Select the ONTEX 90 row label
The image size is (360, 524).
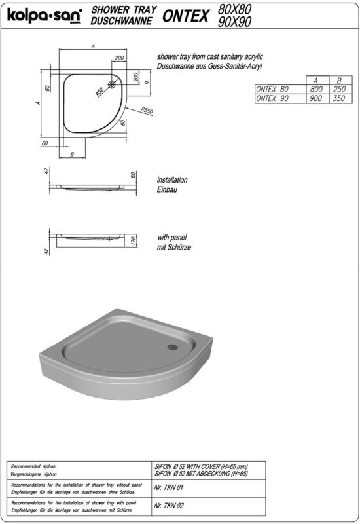272,98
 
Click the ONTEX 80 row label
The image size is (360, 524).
272,89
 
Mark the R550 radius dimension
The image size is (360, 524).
146,111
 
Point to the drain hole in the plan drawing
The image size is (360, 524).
113,84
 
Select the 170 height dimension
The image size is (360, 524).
134,240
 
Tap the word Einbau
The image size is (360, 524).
167,189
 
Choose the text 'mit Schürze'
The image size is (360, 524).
173,248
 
